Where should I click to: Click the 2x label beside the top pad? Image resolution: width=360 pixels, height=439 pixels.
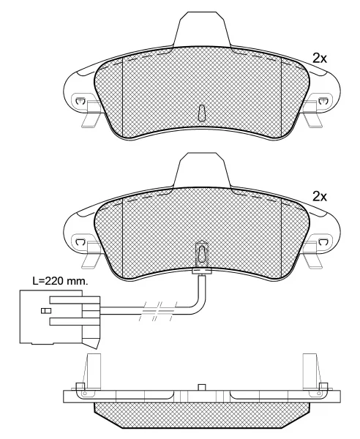pos(320,59)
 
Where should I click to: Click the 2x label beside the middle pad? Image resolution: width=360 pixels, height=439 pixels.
pos(320,197)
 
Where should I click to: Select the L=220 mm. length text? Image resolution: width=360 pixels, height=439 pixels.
pos(60,281)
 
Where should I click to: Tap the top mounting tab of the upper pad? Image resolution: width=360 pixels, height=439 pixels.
pos(202,29)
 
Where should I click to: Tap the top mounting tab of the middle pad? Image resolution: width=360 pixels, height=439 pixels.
pos(202,170)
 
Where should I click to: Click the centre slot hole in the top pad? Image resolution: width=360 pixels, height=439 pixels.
pos(202,113)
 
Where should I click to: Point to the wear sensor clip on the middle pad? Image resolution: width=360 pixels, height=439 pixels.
pos(202,252)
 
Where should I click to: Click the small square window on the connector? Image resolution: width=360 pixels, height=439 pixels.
pos(46,310)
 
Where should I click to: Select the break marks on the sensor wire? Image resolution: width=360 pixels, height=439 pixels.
pos(158,311)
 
